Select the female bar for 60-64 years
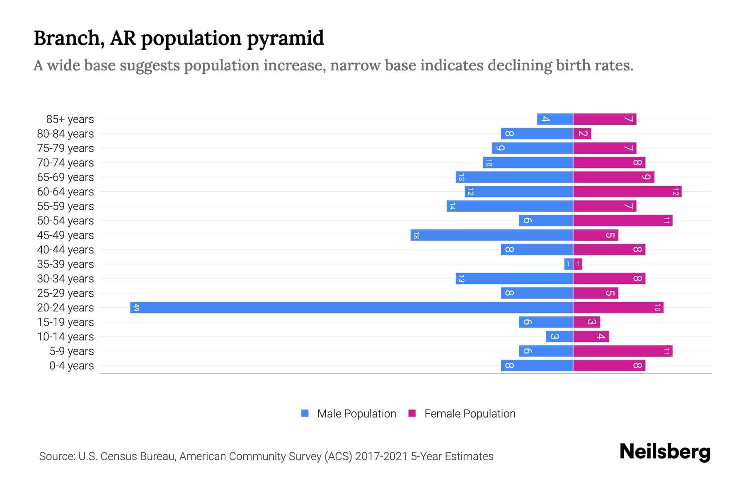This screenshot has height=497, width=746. [x=627, y=192]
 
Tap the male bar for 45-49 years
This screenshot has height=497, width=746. [x=492, y=235]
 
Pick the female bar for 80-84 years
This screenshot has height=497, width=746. [x=582, y=134]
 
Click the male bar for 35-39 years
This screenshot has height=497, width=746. [x=569, y=264]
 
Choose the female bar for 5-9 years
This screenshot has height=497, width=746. [x=622, y=351]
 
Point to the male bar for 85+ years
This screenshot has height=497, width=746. [x=555, y=119]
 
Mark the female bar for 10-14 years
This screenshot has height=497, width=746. [x=591, y=337]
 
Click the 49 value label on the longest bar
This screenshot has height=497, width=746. [x=136, y=308]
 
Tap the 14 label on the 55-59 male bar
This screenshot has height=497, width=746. [x=452, y=206]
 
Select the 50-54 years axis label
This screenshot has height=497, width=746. [x=65, y=221]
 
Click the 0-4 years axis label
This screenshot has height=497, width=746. [x=71, y=366]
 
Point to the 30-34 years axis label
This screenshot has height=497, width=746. [x=65, y=279]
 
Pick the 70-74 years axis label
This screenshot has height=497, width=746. [x=65, y=163]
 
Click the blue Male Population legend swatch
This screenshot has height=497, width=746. [x=305, y=413]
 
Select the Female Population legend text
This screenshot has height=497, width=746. [x=470, y=414]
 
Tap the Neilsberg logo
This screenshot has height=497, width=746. [x=665, y=451]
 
